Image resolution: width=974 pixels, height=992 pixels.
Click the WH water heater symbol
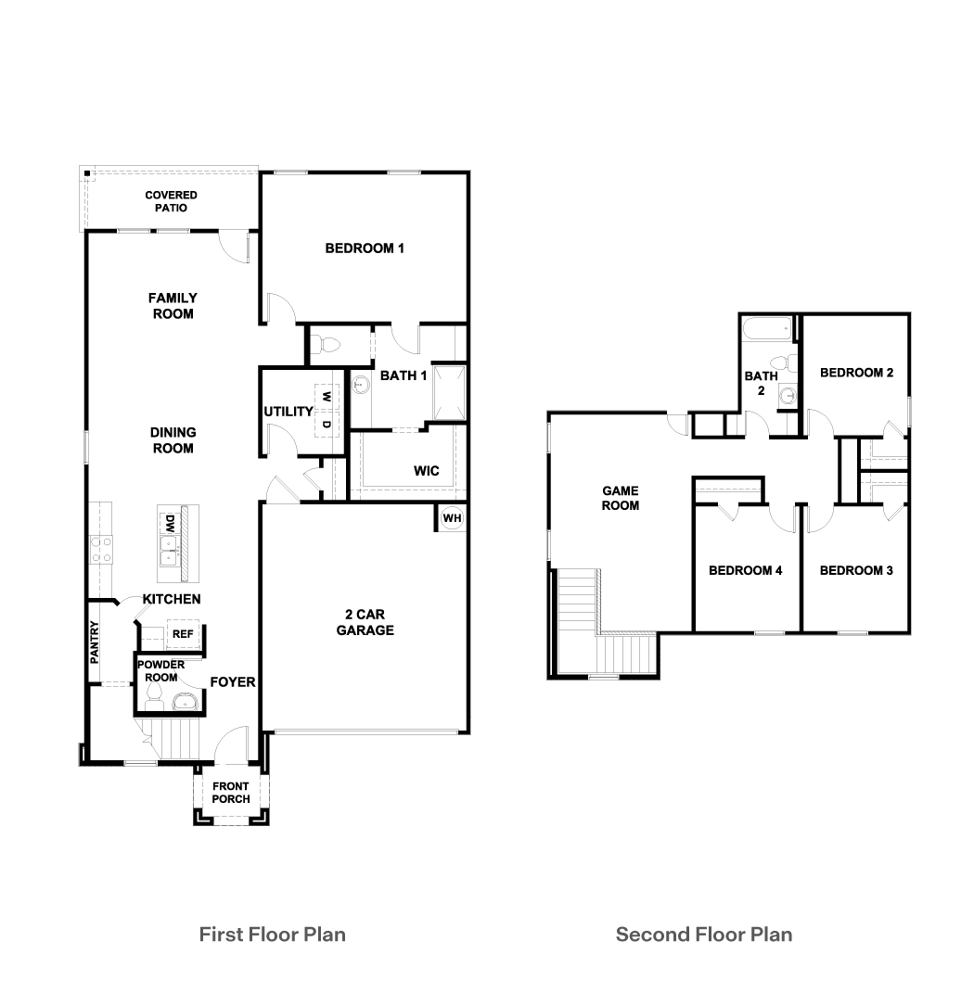[x=452, y=517]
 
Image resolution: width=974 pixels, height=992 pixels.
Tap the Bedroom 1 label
[x=365, y=248]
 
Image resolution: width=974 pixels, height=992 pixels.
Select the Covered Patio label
[x=171, y=201]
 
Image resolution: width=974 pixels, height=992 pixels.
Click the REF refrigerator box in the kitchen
[x=182, y=634]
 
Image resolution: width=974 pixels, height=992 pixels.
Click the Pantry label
[x=96, y=642]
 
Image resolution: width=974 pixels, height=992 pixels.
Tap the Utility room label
[x=288, y=411]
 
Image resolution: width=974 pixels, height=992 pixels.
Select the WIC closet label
[x=426, y=471]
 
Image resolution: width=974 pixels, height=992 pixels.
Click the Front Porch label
[x=231, y=793]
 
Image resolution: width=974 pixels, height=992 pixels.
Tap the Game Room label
[x=621, y=498]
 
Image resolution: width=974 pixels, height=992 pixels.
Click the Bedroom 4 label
[x=745, y=570]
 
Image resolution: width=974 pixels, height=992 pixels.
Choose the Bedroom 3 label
[x=856, y=570]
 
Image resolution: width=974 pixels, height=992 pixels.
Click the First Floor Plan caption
[x=272, y=934]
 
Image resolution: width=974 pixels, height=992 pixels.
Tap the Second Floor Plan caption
[x=704, y=934]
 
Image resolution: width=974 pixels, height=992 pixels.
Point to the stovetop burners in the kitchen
[x=101, y=549]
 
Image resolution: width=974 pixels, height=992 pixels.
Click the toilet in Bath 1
[x=327, y=345]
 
